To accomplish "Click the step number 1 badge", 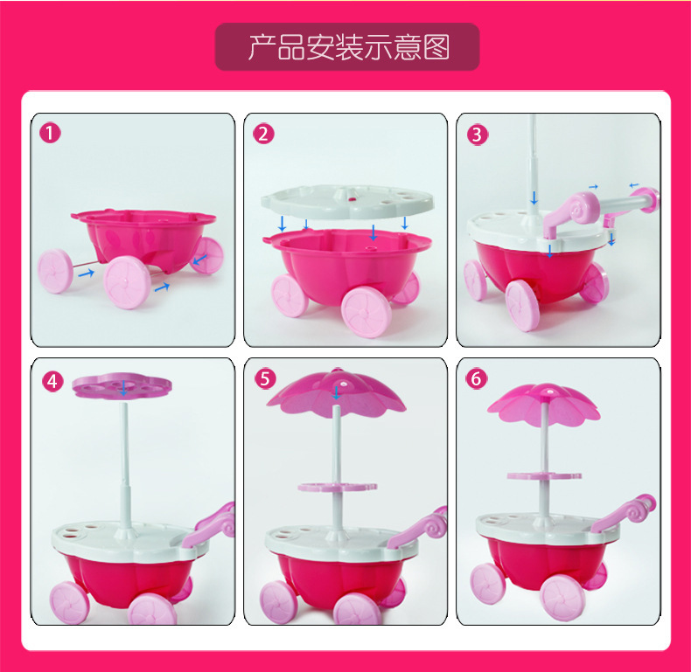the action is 50,133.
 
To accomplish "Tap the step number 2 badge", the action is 263,134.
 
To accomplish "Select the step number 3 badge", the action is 478,135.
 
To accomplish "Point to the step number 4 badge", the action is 52,381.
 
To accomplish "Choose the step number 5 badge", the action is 265,378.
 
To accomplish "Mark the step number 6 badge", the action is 477,378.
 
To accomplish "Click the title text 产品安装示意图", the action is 348,47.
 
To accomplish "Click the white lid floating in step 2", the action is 347,202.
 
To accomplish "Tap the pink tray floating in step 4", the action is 122,385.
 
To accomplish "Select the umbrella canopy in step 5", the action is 336,393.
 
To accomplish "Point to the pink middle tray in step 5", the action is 337,487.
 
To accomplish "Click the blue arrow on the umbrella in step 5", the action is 336,392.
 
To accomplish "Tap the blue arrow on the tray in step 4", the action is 123,388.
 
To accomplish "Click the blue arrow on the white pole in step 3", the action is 534,198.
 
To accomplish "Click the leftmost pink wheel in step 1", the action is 54,271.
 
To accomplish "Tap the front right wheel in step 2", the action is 366,312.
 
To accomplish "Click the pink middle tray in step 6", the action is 544,475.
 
